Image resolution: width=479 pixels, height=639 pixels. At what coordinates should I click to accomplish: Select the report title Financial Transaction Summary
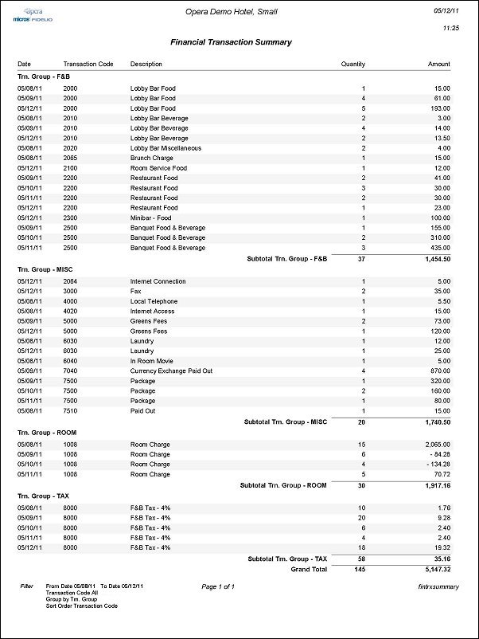click(231, 42)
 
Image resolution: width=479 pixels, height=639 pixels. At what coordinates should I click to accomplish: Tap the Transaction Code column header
click(88, 64)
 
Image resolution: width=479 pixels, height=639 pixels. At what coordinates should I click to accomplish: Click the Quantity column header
click(352, 64)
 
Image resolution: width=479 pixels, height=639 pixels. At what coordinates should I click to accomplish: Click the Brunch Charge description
click(151, 158)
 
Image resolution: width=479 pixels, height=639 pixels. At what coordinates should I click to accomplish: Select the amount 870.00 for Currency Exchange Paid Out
click(438, 370)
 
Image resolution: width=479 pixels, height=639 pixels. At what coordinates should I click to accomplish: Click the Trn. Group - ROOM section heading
click(50, 432)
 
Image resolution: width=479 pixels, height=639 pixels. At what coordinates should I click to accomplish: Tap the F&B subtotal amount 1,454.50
click(434, 258)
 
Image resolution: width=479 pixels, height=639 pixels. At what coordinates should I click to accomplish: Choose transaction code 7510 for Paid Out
click(70, 410)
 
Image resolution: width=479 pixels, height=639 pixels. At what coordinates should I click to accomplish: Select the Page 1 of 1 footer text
click(218, 586)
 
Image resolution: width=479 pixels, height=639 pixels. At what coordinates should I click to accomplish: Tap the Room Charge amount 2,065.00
click(435, 445)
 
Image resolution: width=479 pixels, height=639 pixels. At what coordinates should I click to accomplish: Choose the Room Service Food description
click(157, 167)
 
